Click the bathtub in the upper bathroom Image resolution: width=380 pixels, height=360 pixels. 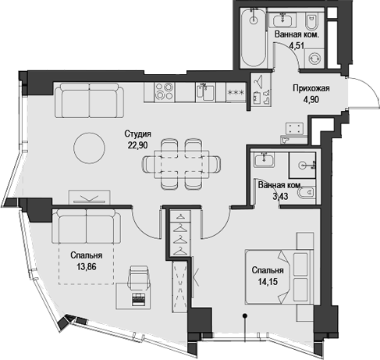pyautogui.click(x=254, y=37)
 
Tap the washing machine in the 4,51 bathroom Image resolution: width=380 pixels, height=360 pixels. pyautogui.click(x=314, y=59)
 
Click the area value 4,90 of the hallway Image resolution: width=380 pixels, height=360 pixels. pyautogui.click(x=311, y=99)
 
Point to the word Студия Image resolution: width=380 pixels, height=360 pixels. pyautogui.click(x=137, y=134)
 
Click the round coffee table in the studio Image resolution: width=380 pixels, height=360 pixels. pyautogui.click(x=90, y=148)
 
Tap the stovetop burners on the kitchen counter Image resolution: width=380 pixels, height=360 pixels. pyautogui.click(x=164, y=91)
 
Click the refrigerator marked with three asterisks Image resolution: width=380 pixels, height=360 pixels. pyautogui.click(x=236, y=92)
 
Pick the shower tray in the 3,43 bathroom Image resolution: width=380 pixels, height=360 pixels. pyautogui.click(x=302, y=165)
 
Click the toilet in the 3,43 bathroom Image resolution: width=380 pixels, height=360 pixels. pyautogui.click(x=307, y=193)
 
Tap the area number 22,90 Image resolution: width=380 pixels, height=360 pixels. pyautogui.click(x=137, y=145)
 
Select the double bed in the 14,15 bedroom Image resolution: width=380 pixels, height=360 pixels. pyautogui.click(x=279, y=276)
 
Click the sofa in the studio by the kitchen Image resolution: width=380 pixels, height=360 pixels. pyautogui.click(x=90, y=100)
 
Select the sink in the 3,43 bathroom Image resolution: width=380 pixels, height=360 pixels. pyautogui.click(x=264, y=160)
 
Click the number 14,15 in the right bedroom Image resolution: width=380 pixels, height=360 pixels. pyautogui.click(x=268, y=281)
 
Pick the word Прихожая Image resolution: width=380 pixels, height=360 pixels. pyautogui.click(x=311, y=88)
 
